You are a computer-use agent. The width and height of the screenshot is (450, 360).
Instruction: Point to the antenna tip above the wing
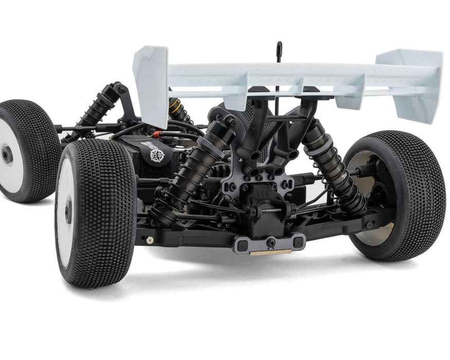pos(279,45)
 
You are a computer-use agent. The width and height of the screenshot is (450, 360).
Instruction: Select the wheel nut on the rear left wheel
pos(68,211)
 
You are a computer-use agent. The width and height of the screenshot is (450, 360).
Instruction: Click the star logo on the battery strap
pos(157,155)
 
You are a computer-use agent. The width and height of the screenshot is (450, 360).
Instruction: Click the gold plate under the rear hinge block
pos(270,252)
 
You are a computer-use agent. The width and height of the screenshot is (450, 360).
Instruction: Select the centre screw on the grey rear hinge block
pos(269,242)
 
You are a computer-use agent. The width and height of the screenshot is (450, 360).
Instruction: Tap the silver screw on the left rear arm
pos(149,240)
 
